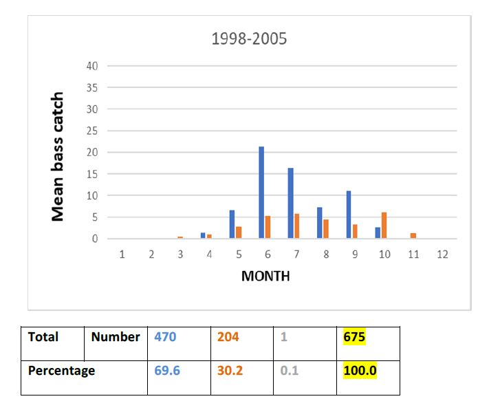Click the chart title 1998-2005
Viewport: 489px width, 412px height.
click(249, 39)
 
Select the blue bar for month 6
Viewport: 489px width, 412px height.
click(261, 193)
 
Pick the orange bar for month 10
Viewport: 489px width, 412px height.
click(384, 226)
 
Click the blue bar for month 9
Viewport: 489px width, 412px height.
click(349, 215)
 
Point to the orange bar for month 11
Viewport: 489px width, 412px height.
click(413, 236)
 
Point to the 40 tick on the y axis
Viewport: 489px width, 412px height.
click(92, 66)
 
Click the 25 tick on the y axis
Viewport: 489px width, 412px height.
click(92, 131)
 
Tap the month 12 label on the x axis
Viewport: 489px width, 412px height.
click(442, 254)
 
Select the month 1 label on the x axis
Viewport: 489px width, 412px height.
click(122, 254)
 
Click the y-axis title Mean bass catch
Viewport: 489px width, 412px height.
click(58, 157)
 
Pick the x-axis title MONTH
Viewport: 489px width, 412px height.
click(265, 277)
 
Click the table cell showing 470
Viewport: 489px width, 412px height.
click(165, 337)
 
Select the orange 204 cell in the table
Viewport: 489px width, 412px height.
click(228, 337)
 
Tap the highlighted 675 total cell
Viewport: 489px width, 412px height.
click(354, 337)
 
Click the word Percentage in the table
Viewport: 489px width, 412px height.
click(61, 371)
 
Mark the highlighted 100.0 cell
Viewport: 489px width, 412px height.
click(360, 371)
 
